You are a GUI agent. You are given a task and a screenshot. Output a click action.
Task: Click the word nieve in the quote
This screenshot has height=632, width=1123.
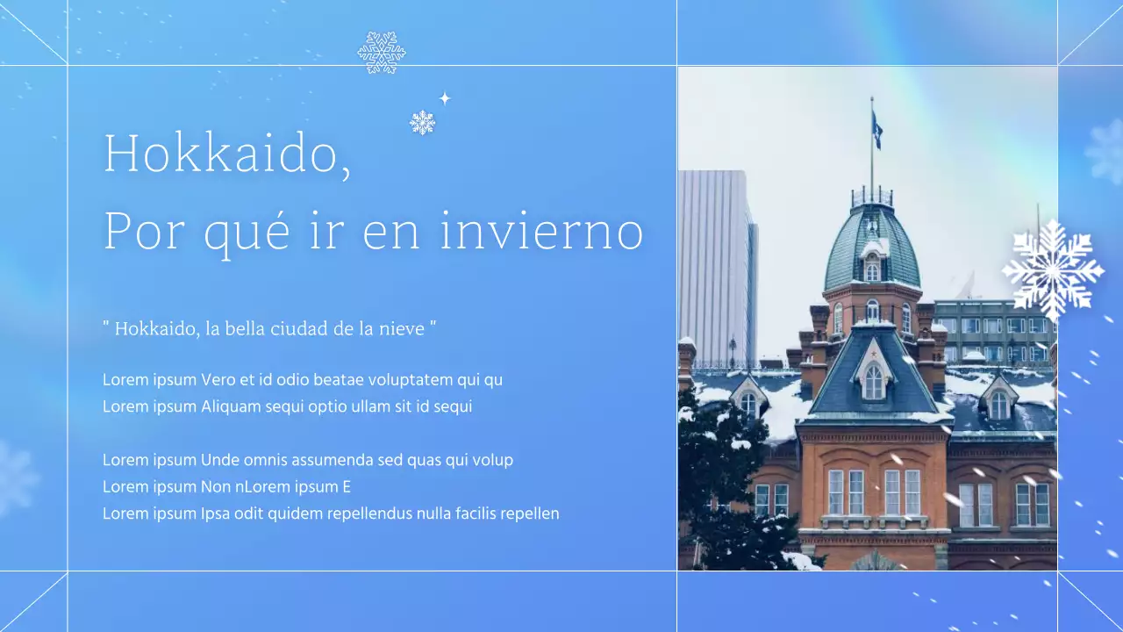point(403,329)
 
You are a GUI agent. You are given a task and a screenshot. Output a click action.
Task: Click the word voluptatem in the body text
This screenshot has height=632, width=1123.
point(411,380)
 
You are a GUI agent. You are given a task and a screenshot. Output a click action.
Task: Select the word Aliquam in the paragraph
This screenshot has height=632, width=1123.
point(231,406)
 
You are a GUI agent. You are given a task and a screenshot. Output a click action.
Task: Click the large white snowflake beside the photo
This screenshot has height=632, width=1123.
point(1052,270)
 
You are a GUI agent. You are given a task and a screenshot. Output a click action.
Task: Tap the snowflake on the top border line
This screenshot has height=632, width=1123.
point(382,53)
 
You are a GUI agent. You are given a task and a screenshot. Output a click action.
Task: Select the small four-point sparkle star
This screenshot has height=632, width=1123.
point(445,98)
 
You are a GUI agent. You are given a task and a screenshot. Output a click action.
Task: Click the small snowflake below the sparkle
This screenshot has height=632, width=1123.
point(422,123)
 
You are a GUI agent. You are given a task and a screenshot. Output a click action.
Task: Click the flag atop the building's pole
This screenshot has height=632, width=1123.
point(876,130)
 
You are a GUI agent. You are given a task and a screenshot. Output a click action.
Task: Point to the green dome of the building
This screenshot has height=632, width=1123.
point(871,246)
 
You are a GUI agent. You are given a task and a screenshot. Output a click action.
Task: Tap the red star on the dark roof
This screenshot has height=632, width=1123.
point(874,349)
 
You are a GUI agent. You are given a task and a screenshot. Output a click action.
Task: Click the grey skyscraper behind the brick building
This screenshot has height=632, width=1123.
point(716,263)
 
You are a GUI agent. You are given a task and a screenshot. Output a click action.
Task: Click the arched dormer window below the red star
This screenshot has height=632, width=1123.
point(874,382)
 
